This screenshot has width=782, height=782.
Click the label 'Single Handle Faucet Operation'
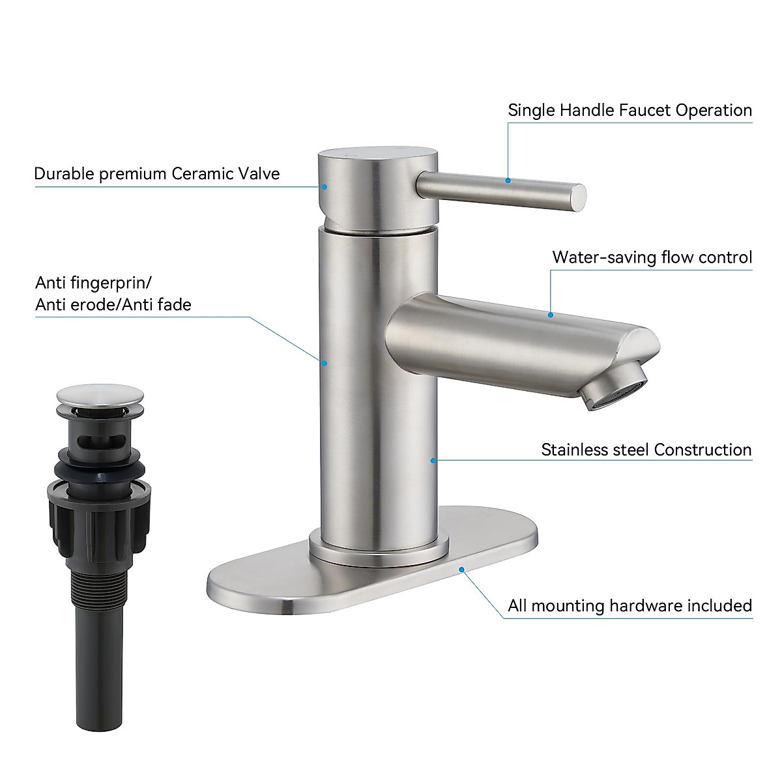click(x=630, y=110)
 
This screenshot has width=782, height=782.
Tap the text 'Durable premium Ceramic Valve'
click(x=156, y=174)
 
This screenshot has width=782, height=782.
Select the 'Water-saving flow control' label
click(x=652, y=257)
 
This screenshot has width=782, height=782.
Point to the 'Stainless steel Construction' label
click(x=646, y=450)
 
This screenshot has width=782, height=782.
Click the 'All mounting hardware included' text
click(x=630, y=605)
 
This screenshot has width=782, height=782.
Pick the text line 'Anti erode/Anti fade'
click(x=113, y=304)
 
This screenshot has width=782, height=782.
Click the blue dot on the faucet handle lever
click(x=509, y=180)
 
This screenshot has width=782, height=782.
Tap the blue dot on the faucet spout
click(x=551, y=315)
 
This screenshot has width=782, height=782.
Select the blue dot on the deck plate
click(x=462, y=569)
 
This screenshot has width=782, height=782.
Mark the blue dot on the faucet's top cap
click(x=324, y=186)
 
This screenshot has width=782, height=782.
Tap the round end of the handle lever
click(x=578, y=197)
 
